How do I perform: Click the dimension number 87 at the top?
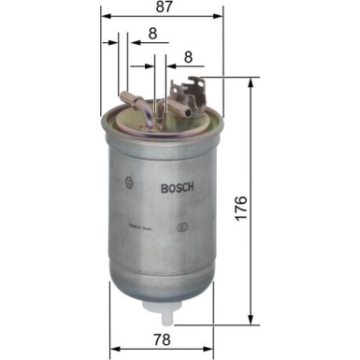click(163, 8)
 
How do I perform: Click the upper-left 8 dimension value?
click(151, 36)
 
